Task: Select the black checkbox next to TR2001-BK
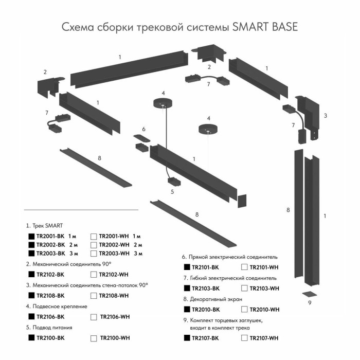tap(31, 236)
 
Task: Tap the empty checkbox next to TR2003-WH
tap(94, 253)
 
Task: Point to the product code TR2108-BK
tap(50, 295)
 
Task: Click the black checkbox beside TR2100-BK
tap(31, 338)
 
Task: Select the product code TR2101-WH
tap(264, 267)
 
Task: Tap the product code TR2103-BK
tap(205, 289)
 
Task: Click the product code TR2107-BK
tap(205, 338)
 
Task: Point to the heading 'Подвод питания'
tap(51, 327)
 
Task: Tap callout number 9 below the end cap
tap(310, 303)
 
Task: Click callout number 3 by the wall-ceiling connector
tap(325, 116)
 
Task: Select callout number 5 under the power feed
tap(172, 192)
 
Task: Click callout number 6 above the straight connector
tap(144, 129)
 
